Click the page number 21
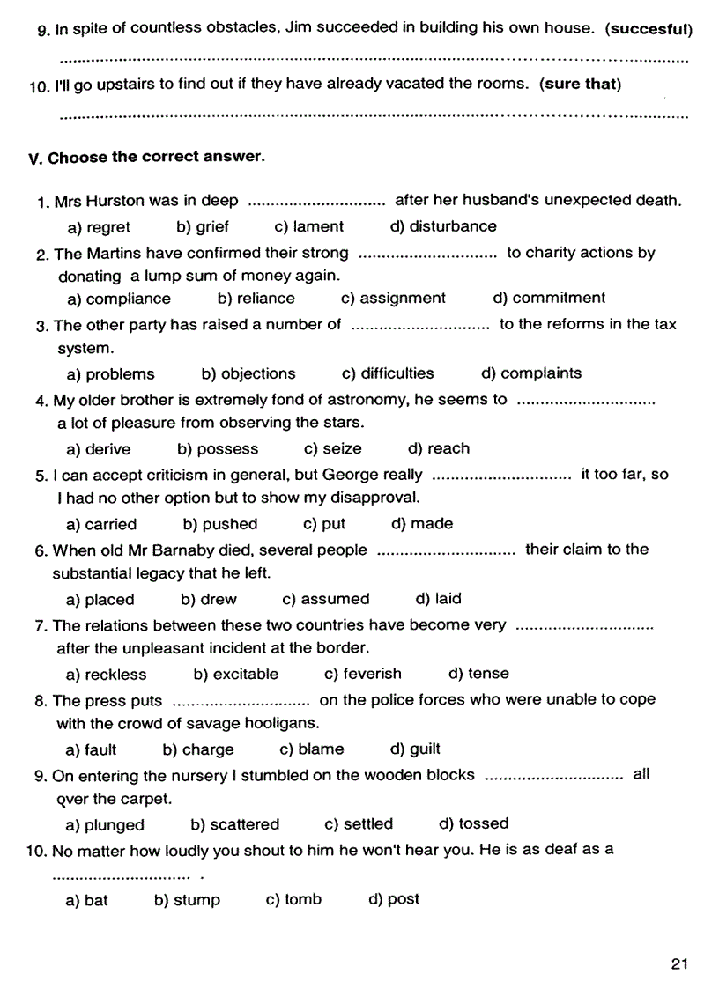pos(678,963)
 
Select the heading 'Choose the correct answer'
pos(156,157)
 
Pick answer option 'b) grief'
pos(203,226)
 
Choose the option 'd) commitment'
pos(549,298)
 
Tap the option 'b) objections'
pos(248,373)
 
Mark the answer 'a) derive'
pos(98,449)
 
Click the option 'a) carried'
pos(101,524)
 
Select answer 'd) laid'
pos(438,599)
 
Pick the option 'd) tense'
pos(478,674)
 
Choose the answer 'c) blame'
pos(312,749)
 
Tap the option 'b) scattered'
pos(234,824)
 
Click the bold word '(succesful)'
pos(649,29)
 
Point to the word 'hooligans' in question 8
pos(282,724)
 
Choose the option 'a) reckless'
pos(107,675)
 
